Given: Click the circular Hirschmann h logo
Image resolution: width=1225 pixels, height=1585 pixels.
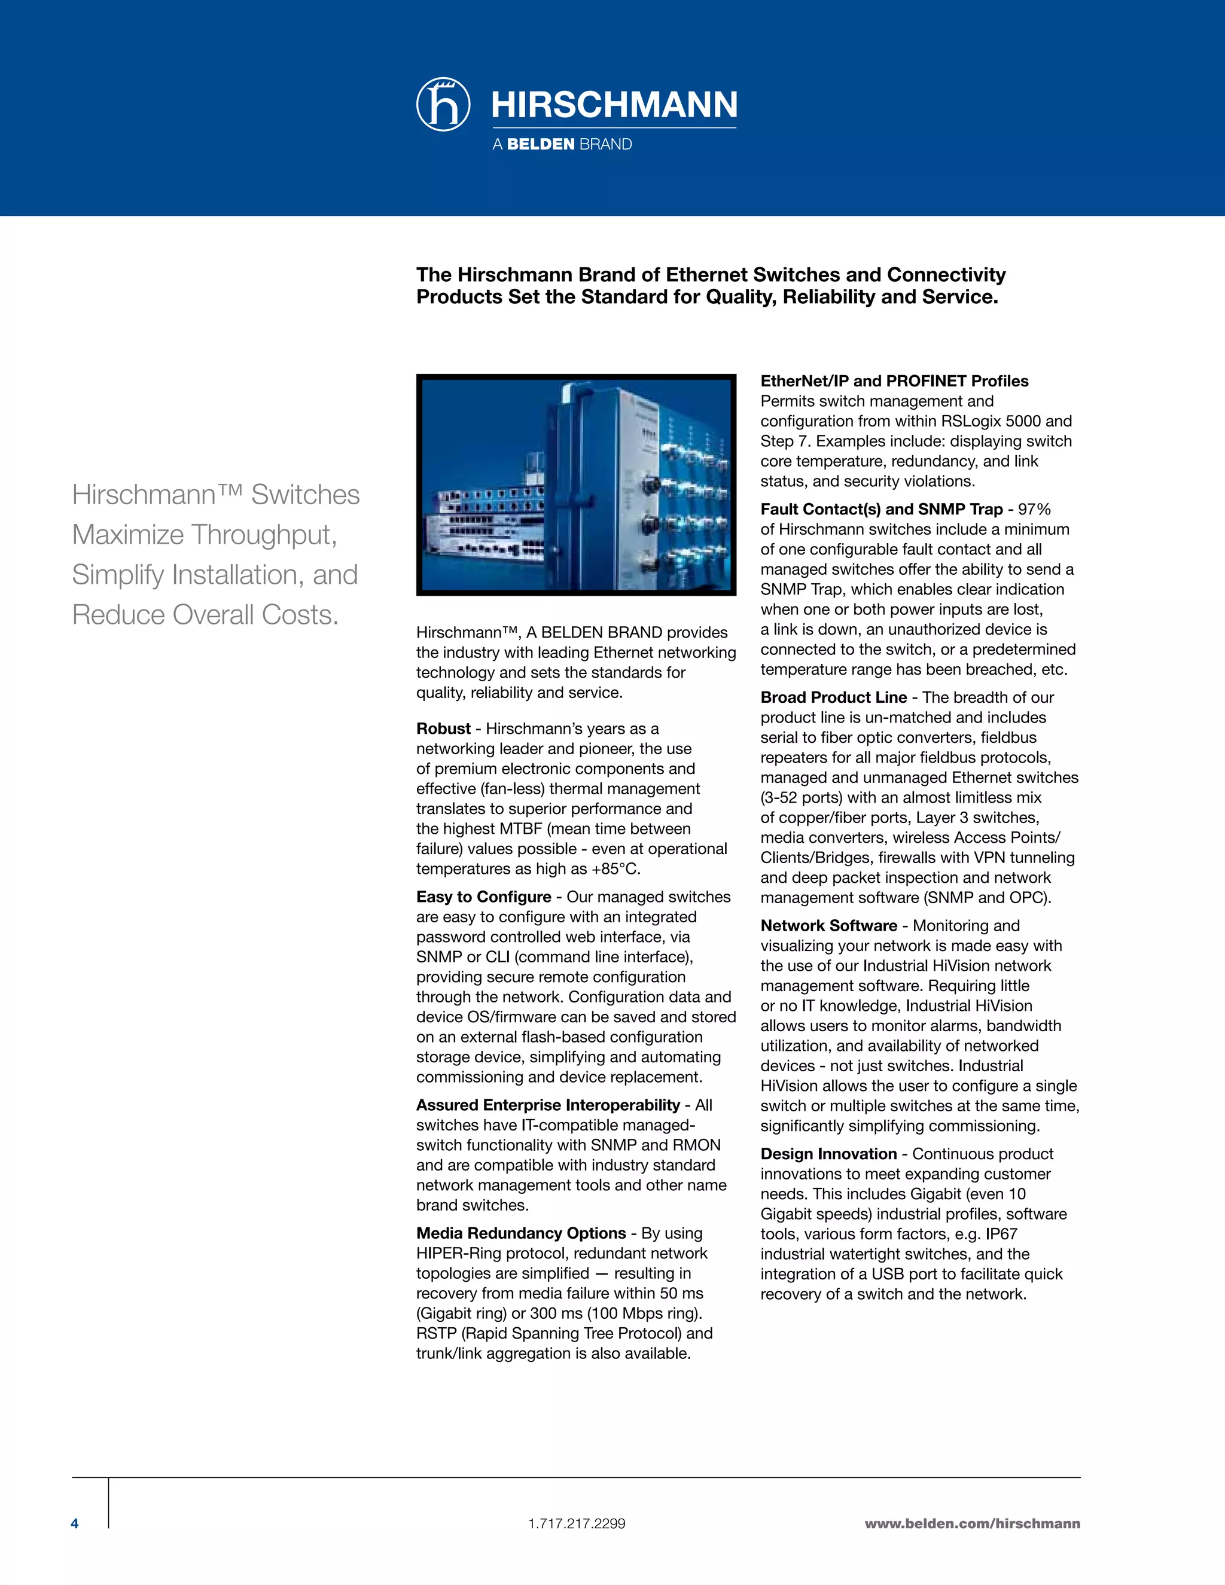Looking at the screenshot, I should [x=443, y=105].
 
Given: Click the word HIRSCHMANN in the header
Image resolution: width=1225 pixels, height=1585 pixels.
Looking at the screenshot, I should [x=614, y=105].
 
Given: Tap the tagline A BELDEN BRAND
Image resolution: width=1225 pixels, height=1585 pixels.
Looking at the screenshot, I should [x=562, y=144].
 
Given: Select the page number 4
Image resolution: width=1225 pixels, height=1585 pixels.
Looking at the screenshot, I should [x=75, y=1523].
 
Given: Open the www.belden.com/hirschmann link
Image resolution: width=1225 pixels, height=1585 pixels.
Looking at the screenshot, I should [x=972, y=1523].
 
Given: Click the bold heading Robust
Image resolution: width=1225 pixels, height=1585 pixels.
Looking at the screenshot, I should [x=443, y=729].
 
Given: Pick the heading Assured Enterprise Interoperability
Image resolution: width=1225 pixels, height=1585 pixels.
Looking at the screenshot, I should [x=548, y=1105].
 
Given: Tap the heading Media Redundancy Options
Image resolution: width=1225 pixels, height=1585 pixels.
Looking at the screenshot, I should [x=520, y=1233].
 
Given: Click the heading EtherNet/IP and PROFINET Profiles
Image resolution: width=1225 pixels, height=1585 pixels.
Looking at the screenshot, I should [x=894, y=381].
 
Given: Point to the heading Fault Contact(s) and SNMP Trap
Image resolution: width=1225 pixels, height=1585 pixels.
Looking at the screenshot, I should [x=881, y=510].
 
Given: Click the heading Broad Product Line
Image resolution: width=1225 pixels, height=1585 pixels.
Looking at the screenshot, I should [x=833, y=697].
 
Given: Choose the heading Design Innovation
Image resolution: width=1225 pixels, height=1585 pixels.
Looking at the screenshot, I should [x=828, y=1154].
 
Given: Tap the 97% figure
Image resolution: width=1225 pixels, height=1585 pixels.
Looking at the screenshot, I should [x=1034, y=510].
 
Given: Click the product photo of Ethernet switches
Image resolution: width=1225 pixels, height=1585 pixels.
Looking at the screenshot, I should [x=576, y=485].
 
